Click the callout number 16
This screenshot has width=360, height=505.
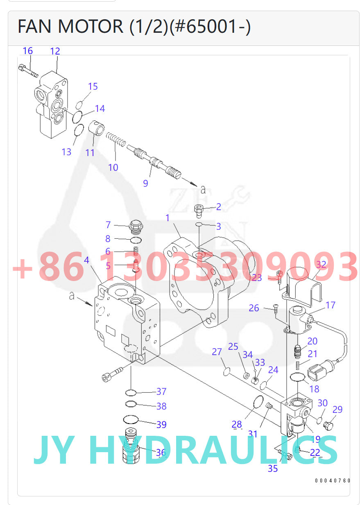[x=27, y=51]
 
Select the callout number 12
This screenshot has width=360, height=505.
[x=55, y=51]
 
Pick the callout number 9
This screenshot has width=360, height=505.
[x=145, y=183]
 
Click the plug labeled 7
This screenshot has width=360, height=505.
[x=134, y=226]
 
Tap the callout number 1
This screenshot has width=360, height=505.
[x=167, y=218]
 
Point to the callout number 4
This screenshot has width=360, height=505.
[x=86, y=260]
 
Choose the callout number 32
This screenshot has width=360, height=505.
[x=321, y=265]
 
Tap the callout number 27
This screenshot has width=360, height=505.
[x=217, y=352]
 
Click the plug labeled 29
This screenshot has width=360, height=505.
[x=328, y=426]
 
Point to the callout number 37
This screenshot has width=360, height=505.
[x=161, y=392]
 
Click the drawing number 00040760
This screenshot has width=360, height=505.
[x=333, y=480]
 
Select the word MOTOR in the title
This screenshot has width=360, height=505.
[x=90, y=26]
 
